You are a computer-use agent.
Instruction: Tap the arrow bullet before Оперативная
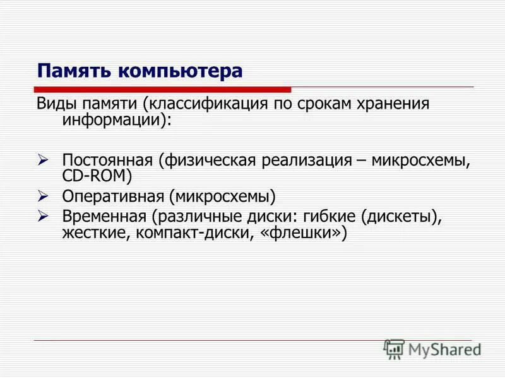(x=44, y=197)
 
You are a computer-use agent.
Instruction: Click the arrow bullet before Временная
(x=44, y=215)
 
